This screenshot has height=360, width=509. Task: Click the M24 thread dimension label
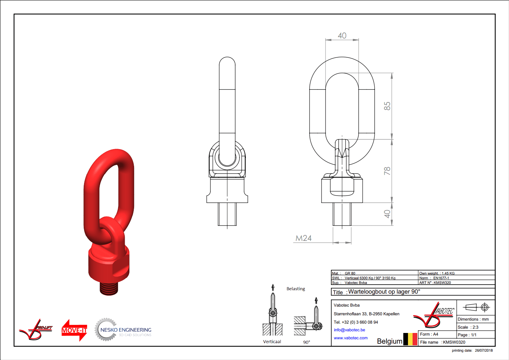304,238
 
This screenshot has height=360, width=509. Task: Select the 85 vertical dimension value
387,106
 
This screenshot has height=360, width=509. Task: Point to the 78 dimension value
387,171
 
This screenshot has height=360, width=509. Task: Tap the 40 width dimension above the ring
342,36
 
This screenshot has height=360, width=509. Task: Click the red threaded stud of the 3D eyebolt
109,288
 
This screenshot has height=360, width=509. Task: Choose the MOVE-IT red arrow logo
74,330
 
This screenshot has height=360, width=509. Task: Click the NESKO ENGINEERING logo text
126,330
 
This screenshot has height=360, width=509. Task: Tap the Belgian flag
410,339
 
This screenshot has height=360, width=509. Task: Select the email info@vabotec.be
349,330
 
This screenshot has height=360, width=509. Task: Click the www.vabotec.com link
351,338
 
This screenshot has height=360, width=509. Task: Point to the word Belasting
296,289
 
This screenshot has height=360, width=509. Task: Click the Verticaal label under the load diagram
272,342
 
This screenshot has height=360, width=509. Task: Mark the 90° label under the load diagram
307,342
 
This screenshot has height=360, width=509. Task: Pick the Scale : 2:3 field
468,327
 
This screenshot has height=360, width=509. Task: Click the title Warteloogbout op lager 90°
384,292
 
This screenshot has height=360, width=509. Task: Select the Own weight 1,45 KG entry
437,273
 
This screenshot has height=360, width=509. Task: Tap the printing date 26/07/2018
484,350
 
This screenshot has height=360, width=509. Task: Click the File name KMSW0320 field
443,342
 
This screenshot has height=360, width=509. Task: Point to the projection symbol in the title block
476,307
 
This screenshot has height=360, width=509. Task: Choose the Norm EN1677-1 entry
434,278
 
